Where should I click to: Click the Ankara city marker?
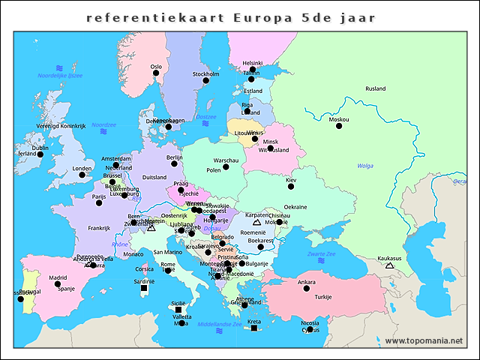[306, 289]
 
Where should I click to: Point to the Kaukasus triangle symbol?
[389, 265]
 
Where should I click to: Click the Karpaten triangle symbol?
[256, 222]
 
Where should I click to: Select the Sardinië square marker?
[144, 288]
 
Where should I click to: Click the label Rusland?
[375, 88]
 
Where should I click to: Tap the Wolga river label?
[365, 166]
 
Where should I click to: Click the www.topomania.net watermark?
[424, 341]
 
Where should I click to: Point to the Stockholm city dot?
[205, 81]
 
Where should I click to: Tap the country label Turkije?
[322, 297]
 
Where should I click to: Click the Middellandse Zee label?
[219, 324]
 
